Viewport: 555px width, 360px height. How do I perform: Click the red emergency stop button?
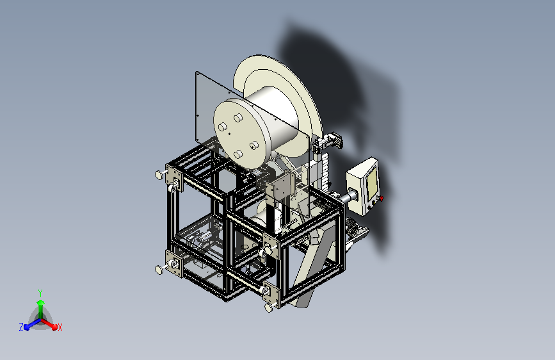point(382,199)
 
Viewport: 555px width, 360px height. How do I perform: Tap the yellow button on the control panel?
point(374,203)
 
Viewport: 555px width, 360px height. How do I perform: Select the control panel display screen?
point(371,183)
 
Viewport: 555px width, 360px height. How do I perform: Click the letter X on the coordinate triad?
point(60,328)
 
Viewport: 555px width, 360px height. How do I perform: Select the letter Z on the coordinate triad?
point(21,327)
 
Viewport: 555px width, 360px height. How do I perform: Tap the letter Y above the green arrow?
point(40,293)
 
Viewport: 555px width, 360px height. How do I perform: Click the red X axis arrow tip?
point(54,327)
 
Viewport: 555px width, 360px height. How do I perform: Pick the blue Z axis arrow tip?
point(26,327)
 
